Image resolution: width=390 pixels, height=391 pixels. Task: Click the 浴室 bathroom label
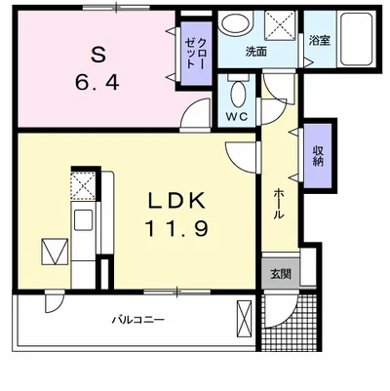coord(320,41)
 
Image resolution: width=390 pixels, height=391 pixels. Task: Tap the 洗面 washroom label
coord(256,52)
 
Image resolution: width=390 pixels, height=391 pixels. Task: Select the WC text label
coord(237,116)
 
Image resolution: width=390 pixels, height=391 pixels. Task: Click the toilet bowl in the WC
coord(239,93)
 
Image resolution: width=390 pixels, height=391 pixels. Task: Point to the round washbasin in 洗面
coord(236,21)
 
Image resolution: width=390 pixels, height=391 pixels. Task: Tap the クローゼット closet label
coord(195,53)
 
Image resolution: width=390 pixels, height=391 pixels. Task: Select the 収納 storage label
coord(318,156)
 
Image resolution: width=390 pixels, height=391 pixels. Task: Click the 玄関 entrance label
coord(281,275)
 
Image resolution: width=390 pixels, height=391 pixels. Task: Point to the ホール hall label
coord(279,204)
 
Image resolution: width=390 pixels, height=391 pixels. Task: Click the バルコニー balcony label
coord(138,320)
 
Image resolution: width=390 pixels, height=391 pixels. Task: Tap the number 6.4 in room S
coord(97,82)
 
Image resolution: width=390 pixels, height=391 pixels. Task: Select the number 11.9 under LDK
coord(176,228)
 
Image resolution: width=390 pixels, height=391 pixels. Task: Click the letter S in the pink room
coord(98,56)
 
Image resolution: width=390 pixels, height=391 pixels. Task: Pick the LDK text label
coord(177,201)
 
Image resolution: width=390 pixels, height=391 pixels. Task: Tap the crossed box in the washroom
coord(280,25)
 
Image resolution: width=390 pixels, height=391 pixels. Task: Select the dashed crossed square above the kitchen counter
coord(84,186)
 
